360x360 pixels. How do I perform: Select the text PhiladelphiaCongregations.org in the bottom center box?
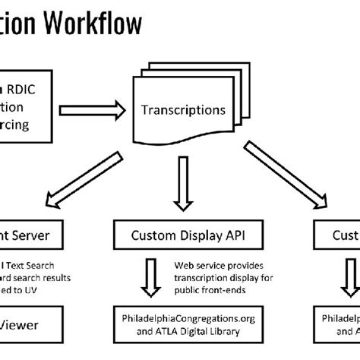tap(183, 317)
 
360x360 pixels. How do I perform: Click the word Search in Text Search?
tap(38, 264)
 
